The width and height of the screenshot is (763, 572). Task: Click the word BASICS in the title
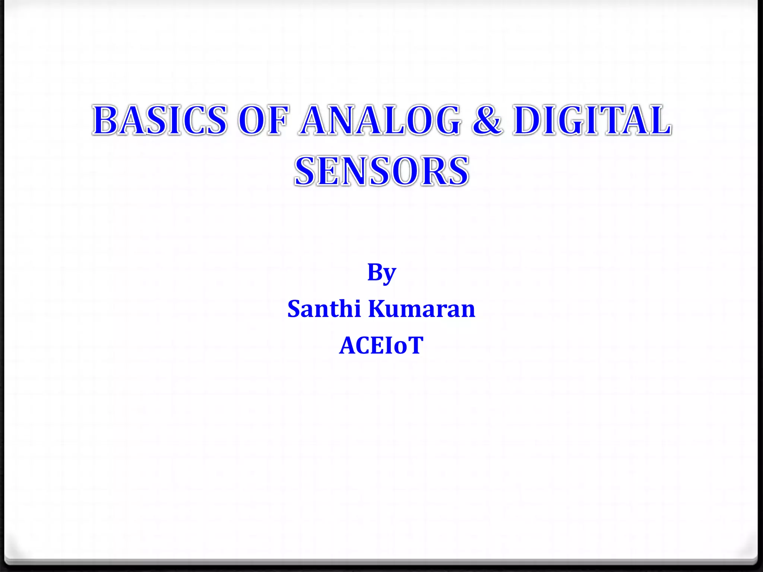tap(160, 120)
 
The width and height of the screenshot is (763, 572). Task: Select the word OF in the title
tap(264, 120)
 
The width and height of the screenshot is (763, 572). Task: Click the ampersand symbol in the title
tap(487, 120)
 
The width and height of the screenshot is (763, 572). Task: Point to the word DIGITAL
tap(592, 120)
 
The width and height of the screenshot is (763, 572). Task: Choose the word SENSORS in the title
tap(381, 171)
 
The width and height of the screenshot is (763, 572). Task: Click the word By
tap(381, 273)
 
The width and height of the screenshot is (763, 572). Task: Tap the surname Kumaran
tap(422, 309)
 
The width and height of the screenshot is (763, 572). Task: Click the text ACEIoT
tap(381, 345)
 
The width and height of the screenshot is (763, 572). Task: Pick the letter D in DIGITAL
tap(529, 120)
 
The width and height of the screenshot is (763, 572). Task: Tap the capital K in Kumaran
tap(379, 309)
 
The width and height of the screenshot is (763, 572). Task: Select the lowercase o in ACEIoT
tap(401, 347)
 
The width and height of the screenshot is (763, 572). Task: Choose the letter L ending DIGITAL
tap(659, 120)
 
